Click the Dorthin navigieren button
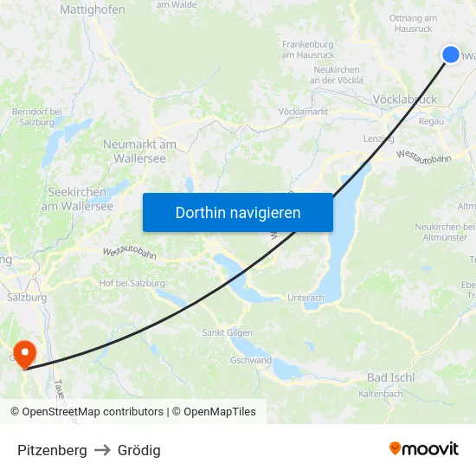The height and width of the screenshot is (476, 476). click(x=238, y=212)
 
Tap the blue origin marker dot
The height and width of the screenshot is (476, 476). click(x=451, y=55)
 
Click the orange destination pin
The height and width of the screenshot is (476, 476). click(x=25, y=353)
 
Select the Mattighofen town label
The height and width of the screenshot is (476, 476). click(x=93, y=10)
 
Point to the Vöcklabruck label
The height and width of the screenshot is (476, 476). click(x=404, y=100)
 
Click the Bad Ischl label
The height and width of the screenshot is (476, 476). click(x=391, y=377)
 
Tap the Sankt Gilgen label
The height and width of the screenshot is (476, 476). click(x=226, y=332)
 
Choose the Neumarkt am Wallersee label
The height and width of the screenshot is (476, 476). click(x=139, y=151)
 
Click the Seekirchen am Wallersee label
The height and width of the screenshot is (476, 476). click(x=77, y=199)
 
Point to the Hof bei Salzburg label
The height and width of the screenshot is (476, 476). click(x=132, y=283)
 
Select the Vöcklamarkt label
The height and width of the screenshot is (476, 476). click(x=303, y=113)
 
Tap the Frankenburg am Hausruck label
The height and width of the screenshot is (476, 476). click(x=308, y=49)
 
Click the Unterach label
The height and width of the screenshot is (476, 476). click(x=306, y=298)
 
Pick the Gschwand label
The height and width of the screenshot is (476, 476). click(x=251, y=360)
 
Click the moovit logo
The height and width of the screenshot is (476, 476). click(x=423, y=449)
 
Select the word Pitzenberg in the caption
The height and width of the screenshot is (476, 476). click(x=52, y=450)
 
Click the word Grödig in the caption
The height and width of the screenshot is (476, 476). click(x=139, y=450)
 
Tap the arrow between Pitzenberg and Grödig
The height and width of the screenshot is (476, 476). click(x=102, y=450)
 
